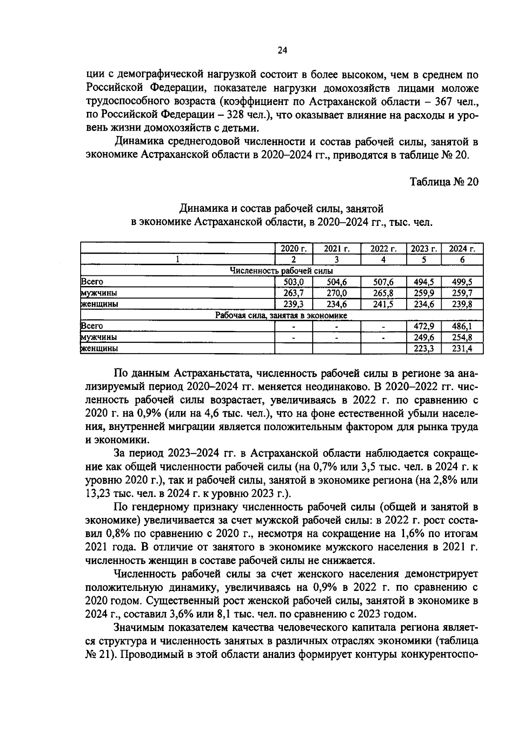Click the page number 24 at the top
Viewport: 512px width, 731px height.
(282, 51)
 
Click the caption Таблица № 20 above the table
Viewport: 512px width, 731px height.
(444, 182)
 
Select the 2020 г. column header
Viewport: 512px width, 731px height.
(294, 249)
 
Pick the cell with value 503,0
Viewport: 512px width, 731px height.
(294, 282)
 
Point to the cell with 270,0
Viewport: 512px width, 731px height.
(337, 293)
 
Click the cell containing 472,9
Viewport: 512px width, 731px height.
(424, 326)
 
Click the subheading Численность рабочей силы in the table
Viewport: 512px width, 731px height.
(281, 271)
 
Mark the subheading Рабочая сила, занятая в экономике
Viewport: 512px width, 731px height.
(281, 316)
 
